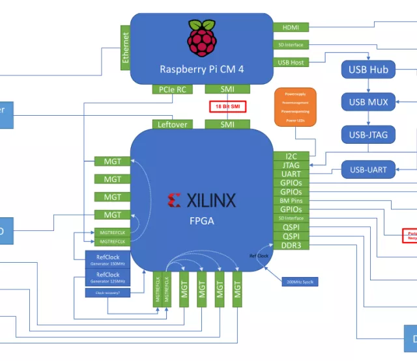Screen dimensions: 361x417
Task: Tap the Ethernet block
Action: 126,47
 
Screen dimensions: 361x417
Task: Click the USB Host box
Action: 291,62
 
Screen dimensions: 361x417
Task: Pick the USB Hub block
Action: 369,70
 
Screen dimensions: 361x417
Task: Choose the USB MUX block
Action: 369,102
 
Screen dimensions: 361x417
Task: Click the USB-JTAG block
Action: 369,135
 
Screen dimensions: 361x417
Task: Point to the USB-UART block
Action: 369,170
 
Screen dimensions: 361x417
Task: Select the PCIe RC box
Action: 172,89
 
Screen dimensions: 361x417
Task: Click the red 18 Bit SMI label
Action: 227,107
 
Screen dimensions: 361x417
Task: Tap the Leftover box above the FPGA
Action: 172,124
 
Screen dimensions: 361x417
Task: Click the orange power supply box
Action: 296,107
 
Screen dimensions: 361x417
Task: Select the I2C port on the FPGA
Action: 291,157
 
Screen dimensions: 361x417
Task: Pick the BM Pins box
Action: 291,201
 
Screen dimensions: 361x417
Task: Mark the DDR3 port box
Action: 291,245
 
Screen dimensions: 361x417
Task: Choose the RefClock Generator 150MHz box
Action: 108,260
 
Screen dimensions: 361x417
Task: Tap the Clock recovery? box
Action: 108,293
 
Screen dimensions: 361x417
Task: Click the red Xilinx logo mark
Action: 174,200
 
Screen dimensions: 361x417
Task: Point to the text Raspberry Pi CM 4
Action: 201,69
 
